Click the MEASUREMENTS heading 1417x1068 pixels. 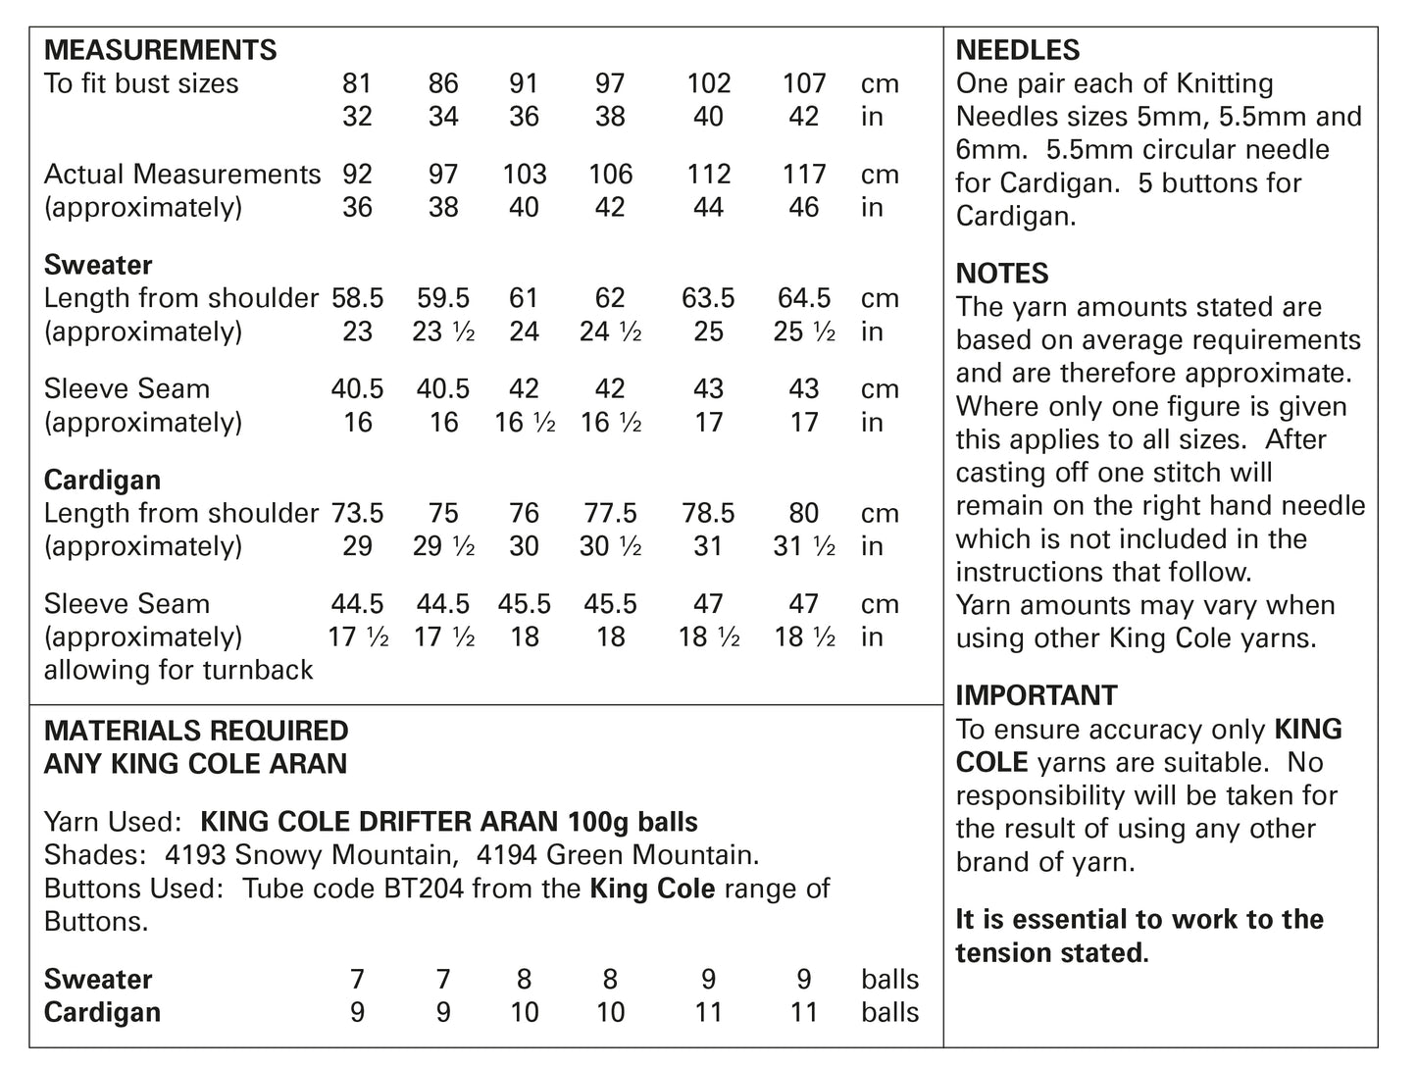click(x=161, y=50)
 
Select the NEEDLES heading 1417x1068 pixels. click(x=1018, y=50)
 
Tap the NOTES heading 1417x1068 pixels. click(x=1002, y=274)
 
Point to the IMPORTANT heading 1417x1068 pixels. click(x=1037, y=695)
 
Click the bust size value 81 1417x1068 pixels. click(x=357, y=84)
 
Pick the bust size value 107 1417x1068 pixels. click(x=804, y=84)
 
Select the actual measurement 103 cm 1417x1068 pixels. click(x=525, y=175)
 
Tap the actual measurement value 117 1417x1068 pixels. click(x=804, y=175)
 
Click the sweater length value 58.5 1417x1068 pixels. click(x=357, y=298)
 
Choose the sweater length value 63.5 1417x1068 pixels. click(x=708, y=298)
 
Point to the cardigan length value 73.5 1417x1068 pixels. click(x=357, y=513)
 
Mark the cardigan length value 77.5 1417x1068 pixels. click(x=610, y=513)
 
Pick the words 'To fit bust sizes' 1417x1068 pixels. click(x=141, y=84)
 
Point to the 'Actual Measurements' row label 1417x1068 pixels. click(x=182, y=175)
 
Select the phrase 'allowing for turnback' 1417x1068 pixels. click(x=178, y=670)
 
